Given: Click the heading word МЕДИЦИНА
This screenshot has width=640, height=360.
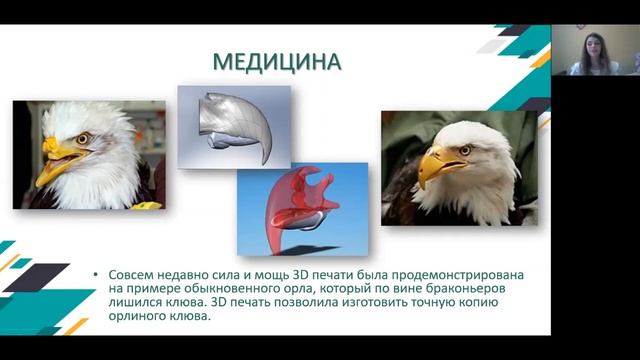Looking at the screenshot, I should [276, 62].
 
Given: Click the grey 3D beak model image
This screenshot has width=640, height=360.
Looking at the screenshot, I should [233, 124].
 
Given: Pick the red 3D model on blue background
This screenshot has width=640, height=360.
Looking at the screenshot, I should [300, 207].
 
